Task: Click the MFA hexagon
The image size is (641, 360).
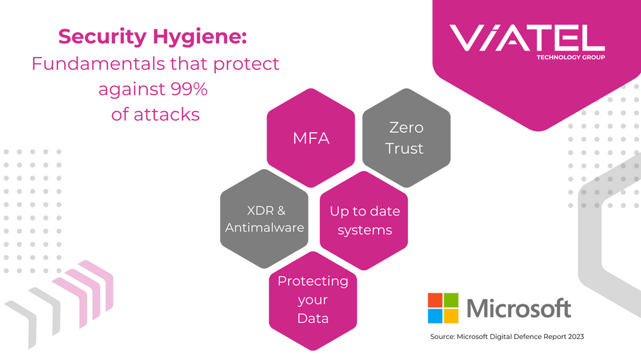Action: tap(311, 138)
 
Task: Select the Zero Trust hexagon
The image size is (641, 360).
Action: tap(406, 138)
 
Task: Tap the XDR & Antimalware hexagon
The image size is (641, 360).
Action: tap(264, 218)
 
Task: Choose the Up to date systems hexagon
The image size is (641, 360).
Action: tap(364, 220)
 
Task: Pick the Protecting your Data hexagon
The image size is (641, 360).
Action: tap(313, 301)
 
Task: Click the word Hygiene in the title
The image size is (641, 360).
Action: tap(200, 37)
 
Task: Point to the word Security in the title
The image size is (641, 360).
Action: tap(102, 37)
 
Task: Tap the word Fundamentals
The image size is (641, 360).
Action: tap(98, 64)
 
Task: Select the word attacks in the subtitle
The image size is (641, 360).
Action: tap(167, 115)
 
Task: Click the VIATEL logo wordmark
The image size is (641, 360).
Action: tap(527, 38)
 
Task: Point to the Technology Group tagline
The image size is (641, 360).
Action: tap(570, 57)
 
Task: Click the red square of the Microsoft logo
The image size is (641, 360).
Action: tap(435, 300)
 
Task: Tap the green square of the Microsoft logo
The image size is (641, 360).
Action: tap(451, 300)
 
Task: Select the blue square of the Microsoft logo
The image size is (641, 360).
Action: tap(435, 316)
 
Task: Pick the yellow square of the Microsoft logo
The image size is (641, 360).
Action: tap(451, 316)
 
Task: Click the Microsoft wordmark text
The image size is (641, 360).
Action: tap(519, 308)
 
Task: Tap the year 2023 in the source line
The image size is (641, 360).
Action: tap(576, 337)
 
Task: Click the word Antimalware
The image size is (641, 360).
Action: tap(265, 227)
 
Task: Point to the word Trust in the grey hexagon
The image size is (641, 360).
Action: tap(404, 149)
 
